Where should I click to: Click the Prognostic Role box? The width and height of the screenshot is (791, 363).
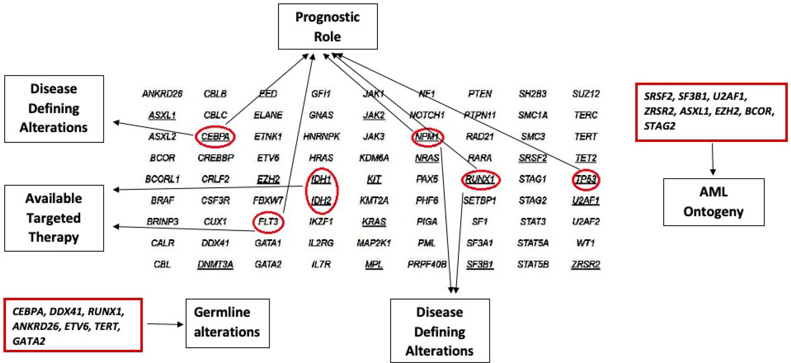coord(327,27)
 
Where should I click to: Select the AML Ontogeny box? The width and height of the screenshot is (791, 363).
coord(713,202)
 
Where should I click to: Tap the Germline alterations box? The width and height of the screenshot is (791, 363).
coord(227,323)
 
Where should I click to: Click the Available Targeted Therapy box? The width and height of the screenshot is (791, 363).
coord(54,218)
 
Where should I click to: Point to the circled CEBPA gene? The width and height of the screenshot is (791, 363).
coord(215,136)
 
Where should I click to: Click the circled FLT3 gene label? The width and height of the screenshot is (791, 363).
coord(268,222)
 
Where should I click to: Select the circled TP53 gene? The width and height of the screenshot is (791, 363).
coord(586,179)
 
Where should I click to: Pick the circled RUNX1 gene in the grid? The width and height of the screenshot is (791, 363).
coord(480,179)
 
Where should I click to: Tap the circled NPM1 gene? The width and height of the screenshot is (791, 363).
coord(427,137)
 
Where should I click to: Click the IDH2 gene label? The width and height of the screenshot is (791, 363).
coord(321,201)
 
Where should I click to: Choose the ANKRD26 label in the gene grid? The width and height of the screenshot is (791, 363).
coord(162,94)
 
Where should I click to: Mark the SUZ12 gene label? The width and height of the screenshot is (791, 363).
coord(586,94)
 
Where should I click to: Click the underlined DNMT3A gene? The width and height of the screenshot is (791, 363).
coord(215,264)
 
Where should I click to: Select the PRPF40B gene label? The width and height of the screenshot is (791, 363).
coord(427,264)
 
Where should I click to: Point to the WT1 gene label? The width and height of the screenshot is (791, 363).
coord(586,243)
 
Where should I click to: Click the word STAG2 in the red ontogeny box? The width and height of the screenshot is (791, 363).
coord(659,126)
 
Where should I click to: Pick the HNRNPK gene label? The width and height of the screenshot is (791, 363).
coord(321,137)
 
